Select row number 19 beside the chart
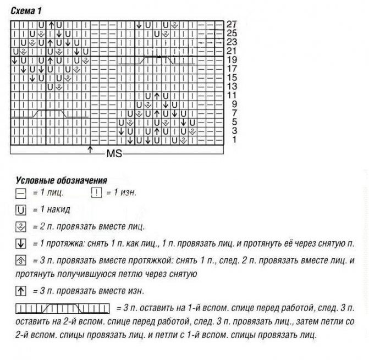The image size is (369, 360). (232, 59)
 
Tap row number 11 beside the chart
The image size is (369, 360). (232, 95)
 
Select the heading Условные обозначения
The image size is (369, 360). (61, 180)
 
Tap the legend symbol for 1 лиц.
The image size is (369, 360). (21, 193)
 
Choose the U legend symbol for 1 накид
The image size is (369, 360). (21, 209)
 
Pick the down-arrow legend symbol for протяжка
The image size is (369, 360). (21, 243)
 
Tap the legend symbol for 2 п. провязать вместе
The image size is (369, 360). (21, 226)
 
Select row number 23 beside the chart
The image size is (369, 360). (232, 42)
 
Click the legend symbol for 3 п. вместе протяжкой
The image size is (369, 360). (21, 261)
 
